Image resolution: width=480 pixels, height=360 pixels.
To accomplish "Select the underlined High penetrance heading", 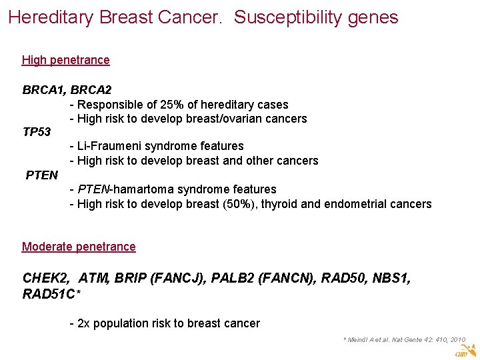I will (x=65, y=60).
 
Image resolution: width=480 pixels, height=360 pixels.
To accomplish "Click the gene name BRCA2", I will (x=91, y=89).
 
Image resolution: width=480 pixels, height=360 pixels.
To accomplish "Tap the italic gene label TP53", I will (x=37, y=132).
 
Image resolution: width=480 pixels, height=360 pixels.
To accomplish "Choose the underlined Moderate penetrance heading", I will (x=79, y=247).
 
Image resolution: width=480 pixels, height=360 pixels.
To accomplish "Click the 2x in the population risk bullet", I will (x=84, y=323).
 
